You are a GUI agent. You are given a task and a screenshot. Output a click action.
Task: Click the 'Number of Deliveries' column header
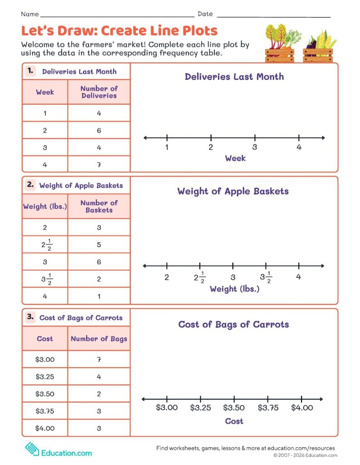click(x=99, y=92)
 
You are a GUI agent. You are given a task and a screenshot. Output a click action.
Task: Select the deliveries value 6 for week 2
click(x=99, y=130)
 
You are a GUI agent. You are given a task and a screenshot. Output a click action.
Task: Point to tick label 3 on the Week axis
click(x=255, y=147)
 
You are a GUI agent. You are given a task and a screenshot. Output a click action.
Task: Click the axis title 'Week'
click(x=235, y=158)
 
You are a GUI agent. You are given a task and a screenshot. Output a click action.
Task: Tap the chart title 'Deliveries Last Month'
click(x=234, y=76)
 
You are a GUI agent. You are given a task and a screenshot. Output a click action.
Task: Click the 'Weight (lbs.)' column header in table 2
click(x=45, y=207)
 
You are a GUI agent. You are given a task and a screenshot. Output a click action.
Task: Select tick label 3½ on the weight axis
click(x=266, y=278)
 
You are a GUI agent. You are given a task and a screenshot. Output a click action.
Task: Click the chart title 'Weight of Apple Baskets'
click(x=233, y=191)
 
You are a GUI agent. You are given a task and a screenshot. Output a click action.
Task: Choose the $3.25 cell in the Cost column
click(x=45, y=376)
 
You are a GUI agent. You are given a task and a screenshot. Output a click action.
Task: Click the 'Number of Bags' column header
click(x=99, y=339)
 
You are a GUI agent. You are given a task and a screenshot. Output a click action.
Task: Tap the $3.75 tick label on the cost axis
click(x=268, y=408)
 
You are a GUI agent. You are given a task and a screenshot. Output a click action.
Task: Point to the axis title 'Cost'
click(x=234, y=421)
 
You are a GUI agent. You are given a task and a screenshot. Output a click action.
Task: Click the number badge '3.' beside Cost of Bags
click(x=30, y=317)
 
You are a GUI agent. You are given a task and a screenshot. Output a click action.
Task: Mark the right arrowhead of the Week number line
click(x=323, y=138)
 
